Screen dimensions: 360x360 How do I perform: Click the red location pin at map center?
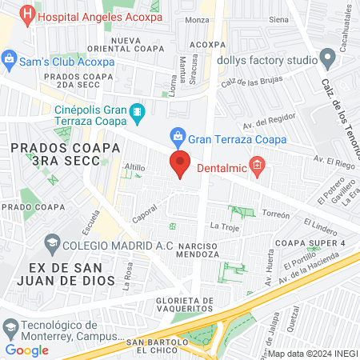click(x=180, y=163)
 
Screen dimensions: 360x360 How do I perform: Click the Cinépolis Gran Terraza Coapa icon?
click(x=137, y=112)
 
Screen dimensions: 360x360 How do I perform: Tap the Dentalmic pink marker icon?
click(x=257, y=166)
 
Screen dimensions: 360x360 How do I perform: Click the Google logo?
click(x=26, y=350)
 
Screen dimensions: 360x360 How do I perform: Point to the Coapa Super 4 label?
click(x=310, y=243)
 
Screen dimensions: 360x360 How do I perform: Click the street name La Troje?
click(x=224, y=227)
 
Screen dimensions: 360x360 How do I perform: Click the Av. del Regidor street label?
click(x=264, y=122)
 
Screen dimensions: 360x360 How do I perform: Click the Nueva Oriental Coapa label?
click(x=138, y=46)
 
